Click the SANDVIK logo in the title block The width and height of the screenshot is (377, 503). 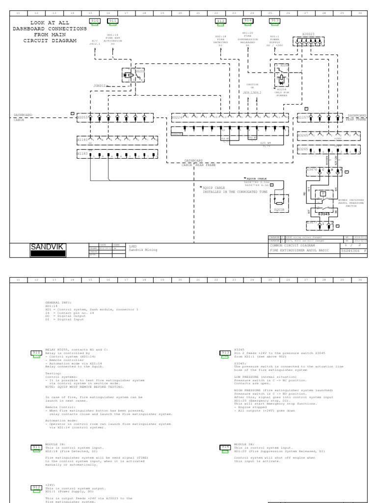click(47, 247)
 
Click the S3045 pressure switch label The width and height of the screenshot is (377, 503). click(324, 214)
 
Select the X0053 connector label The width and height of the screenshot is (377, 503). click(82, 117)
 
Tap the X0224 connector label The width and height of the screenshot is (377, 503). click(177, 117)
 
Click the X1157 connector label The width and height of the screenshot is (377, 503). click(303, 117)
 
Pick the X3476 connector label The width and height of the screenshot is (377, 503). click(312, 169)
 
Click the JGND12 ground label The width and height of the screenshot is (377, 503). click(100, 85)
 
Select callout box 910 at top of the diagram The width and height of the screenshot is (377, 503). click(94, 21)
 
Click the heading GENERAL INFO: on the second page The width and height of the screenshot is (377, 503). click(58, 303)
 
